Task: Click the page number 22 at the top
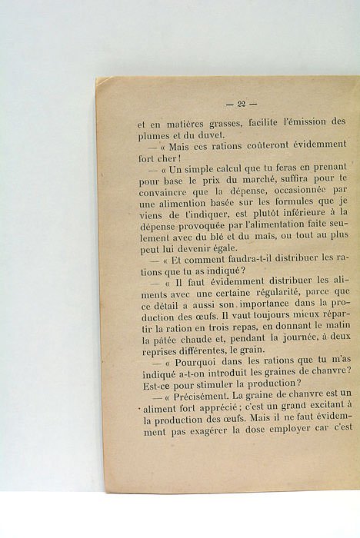click(x=241, y=105)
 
